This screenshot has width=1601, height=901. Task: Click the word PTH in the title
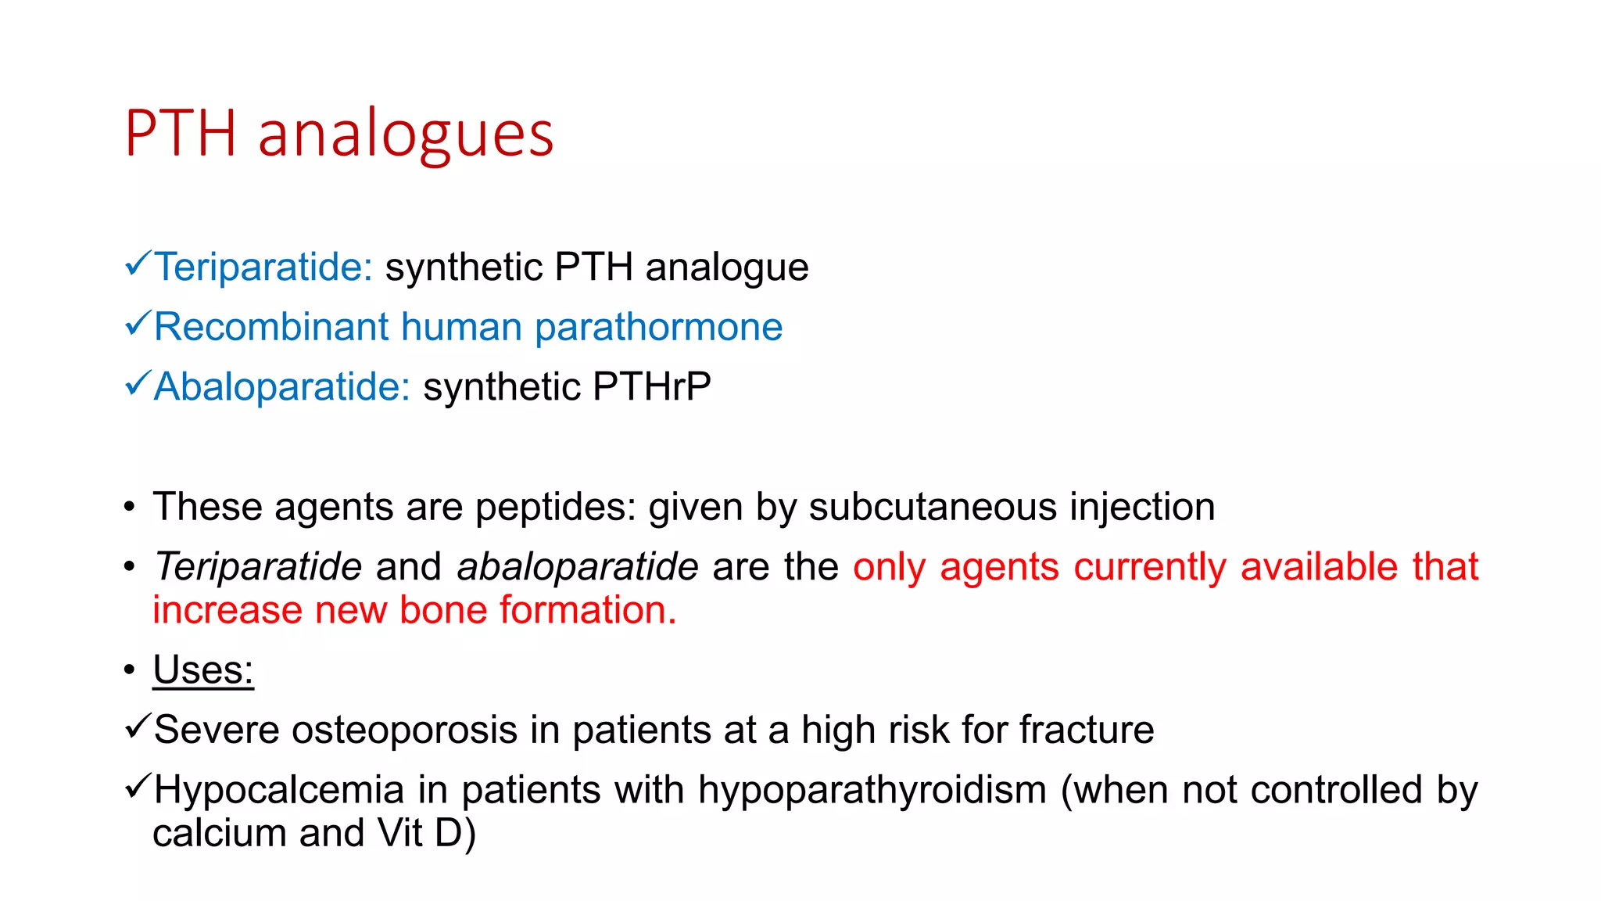point(181,133)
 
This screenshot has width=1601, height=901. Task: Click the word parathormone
point(658,327)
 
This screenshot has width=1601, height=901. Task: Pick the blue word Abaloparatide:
point(282,387)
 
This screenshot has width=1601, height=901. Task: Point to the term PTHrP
point(651,386)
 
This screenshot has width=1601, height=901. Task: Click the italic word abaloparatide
point(577,567)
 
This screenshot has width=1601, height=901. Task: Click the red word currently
point(1150,567)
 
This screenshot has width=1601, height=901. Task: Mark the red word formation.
point(588,610)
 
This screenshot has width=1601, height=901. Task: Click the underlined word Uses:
point(203,670)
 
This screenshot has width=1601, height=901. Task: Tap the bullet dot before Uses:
point(130,670)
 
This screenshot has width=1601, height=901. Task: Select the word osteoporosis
point(404,730)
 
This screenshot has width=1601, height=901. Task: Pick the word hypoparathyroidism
point(872,790)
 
